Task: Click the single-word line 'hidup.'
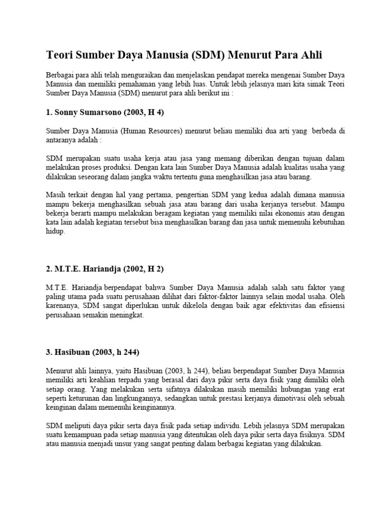pos(56,231)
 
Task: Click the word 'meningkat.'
pos(126,315)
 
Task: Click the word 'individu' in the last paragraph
pos(225,426)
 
